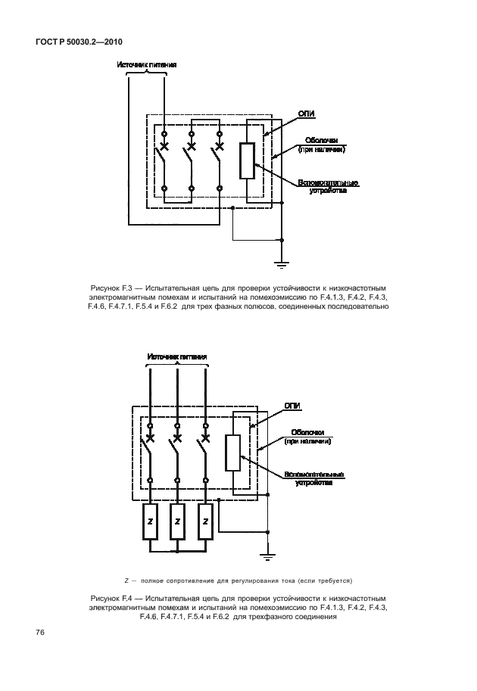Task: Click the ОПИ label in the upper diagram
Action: click(x=307, y=113)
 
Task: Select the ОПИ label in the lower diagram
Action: click(x=292, y=406)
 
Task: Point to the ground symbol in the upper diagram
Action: click(x=282, y=263)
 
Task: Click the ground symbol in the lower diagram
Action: click(x=267, y=558)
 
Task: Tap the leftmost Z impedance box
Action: click(x=151, y=523)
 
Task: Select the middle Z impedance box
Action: click(x=177, y=523)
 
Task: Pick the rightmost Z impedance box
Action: click(x=204, y=523)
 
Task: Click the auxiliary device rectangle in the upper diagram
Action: click(x=248, y=160)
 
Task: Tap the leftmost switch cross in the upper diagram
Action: click(x=164, y=145)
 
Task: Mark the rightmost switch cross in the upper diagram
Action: click(x=220, y=145)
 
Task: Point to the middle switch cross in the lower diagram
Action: click(x=177, y=437)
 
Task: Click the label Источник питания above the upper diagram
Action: click(x=147, y=65)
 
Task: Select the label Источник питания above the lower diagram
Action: click(x=177, y=356)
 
